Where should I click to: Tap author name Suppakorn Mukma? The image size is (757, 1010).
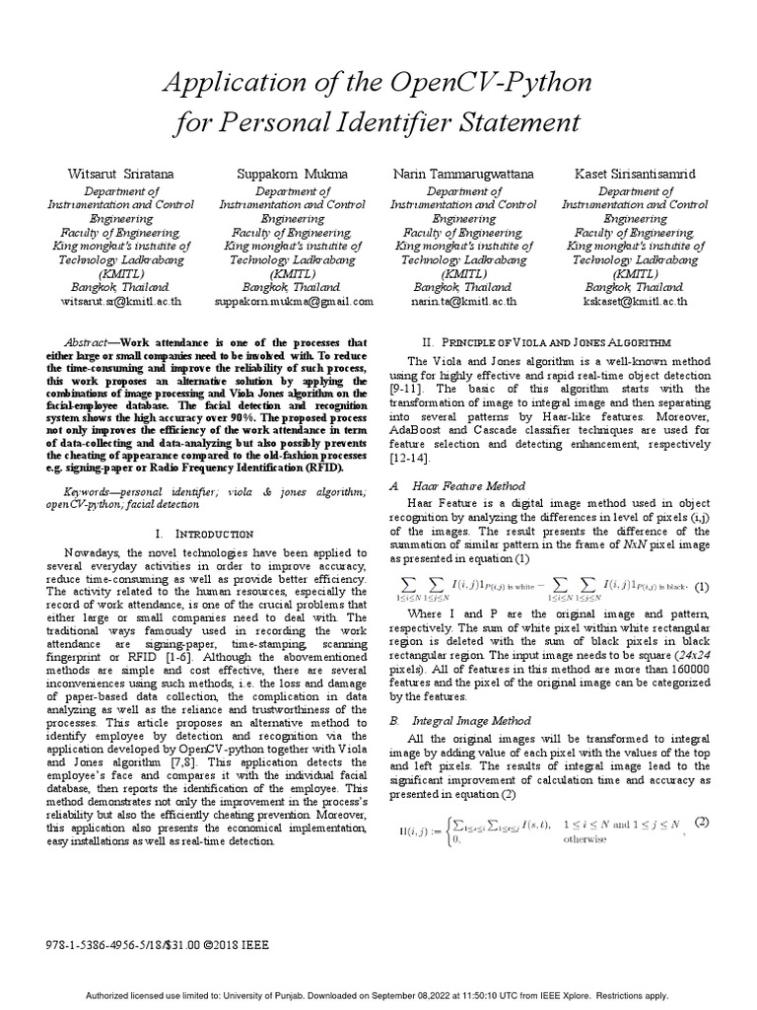[x=293, y=175]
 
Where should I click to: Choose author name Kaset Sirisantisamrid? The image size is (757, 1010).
[x=635, y=175]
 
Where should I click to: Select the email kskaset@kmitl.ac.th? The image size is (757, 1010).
[x=635, y=301]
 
